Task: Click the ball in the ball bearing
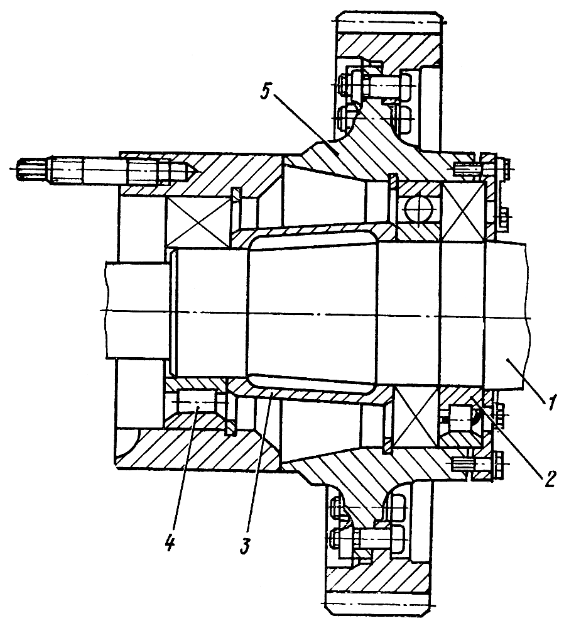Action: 415,208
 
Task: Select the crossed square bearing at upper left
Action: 197,222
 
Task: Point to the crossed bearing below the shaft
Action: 414,417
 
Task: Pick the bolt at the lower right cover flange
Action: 477,464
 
